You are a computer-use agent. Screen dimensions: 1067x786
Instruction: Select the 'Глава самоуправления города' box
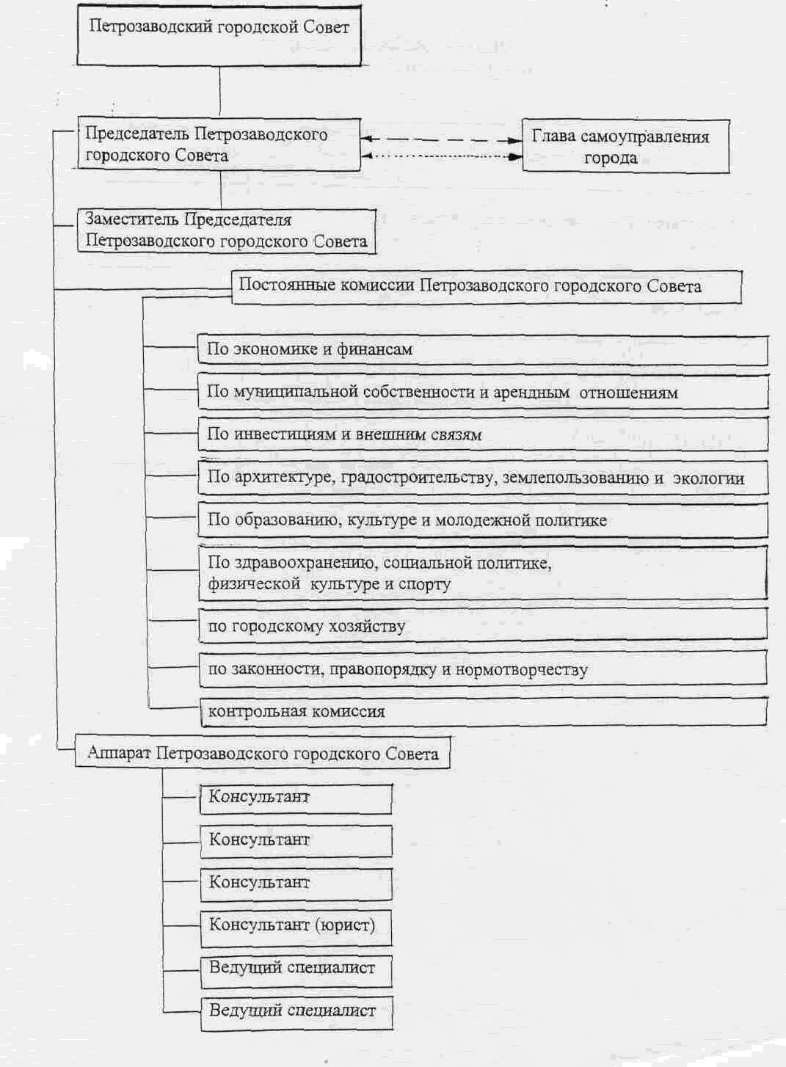click(x=625, y=147)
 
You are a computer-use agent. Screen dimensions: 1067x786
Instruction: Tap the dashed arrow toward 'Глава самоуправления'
click(x=441, y=139)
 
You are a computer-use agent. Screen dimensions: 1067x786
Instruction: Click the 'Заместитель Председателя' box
click(x=226, y=230)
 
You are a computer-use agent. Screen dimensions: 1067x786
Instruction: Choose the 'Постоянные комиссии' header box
click(x=486, y=286)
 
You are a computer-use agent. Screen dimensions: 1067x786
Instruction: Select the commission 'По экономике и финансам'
click(x=482, y=350)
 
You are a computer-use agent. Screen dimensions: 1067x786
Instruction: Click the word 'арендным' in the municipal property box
click(x=531, y=393)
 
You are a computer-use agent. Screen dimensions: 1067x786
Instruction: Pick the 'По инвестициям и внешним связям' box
click(x=482, y=434)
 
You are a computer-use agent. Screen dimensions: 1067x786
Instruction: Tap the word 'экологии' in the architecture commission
click(x=708, y=478)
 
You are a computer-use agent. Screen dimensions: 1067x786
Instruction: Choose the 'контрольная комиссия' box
click(x=482, y=712)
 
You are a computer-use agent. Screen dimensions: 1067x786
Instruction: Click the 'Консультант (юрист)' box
click(x=295, y=925)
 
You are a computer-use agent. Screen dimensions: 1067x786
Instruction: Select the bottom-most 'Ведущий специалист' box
click(x=295, y=1011)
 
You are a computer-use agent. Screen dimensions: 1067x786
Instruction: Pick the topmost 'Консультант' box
click(x=295, y=798)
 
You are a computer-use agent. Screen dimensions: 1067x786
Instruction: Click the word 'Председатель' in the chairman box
click(x=137, y=134)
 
